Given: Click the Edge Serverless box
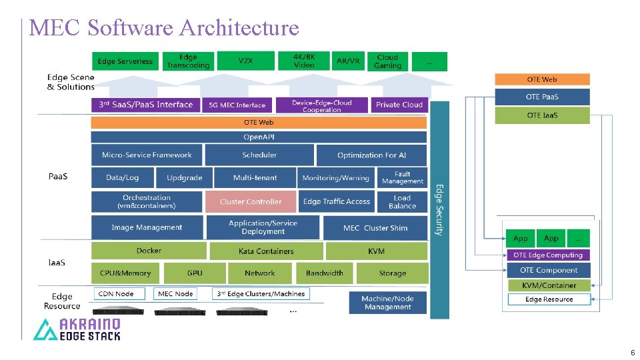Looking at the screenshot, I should [125, 61].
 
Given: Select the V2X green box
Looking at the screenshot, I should [246, 61].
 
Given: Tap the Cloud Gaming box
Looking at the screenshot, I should [387, 61].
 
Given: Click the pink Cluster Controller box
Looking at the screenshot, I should [251, 202].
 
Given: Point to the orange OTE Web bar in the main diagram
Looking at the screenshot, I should [259, 123].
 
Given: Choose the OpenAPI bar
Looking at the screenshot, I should [259, 137].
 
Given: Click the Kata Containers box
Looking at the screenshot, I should [266, 251].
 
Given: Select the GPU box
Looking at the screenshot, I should [195, 273].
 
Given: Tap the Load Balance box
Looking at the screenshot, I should [402, 202].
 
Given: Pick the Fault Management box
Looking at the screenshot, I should [402, 177].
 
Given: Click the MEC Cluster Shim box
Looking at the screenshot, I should [375, 228].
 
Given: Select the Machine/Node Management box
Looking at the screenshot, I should [387, 303].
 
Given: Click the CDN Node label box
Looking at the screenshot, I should [115, 294].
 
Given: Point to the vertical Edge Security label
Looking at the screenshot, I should [439, 210].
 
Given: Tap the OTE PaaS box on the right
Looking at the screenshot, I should [542, 97].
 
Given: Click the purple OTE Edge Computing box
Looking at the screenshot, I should [548, 255].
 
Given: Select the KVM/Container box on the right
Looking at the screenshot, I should [549, 285].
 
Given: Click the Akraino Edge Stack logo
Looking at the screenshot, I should [77, 329].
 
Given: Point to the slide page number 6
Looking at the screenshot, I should [632, 352].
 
